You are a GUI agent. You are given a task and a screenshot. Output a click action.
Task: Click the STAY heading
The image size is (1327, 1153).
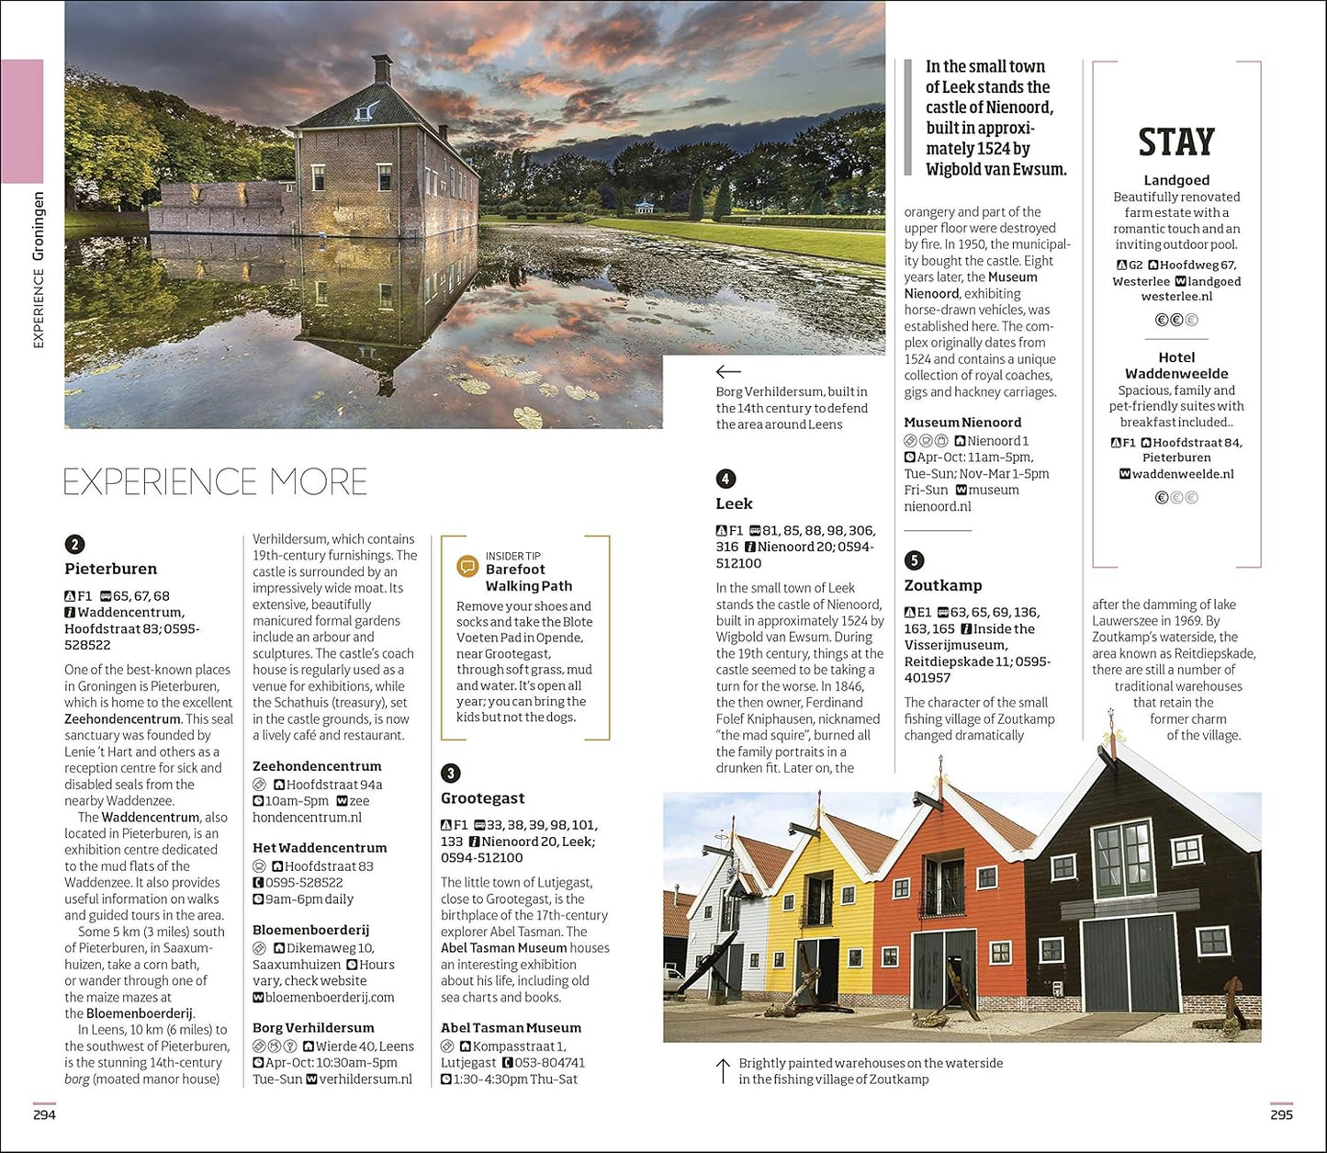coord(1175,142)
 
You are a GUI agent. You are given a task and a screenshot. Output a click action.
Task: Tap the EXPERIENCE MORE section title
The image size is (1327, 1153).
coord(215,482)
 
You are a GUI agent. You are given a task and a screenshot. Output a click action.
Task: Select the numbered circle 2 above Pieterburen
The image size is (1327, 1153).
coord(73,545)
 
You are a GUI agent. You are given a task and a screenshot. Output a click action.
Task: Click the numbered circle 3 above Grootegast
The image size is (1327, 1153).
coord(450,774)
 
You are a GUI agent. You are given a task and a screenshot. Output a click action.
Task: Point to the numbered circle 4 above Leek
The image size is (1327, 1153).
coord(725,479)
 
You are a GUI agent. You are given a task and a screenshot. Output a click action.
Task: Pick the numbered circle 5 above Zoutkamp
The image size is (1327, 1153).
coord(914,560)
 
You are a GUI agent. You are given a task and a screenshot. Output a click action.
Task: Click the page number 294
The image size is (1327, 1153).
coord(44,1114)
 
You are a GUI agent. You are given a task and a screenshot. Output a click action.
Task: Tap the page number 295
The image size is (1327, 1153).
coord(1281,1114)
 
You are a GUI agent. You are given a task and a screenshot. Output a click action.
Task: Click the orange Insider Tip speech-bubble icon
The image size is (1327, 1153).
coord(467,566)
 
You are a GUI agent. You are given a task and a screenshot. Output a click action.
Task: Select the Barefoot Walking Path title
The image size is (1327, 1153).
coord(528,578)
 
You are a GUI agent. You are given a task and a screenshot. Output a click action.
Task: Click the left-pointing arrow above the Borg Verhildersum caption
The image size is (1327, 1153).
coord(728,371)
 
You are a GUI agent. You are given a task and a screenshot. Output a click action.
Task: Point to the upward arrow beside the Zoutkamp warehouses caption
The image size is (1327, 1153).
coord(723,1070)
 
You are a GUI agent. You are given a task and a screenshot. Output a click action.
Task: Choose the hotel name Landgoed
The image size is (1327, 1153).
coord(1176,180)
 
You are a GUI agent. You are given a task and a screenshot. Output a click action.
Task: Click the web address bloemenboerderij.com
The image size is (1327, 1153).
coord(330,997)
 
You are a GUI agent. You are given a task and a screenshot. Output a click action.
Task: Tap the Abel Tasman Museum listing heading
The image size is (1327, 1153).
coord(511,1028)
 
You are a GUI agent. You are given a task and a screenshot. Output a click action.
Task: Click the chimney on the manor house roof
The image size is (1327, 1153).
coord(381,69)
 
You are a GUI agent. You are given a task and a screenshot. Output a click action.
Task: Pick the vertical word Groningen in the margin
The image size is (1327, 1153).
coord(38,226)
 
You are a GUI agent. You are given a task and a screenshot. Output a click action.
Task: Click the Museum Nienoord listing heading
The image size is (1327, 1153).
coord(962,423)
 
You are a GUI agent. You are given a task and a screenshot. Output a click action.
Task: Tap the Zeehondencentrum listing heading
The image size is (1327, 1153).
coord(317,766)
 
